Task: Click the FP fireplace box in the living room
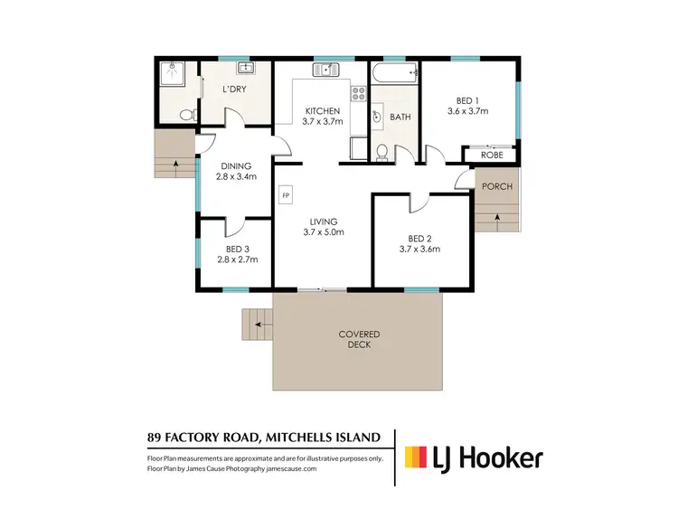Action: point(286,195)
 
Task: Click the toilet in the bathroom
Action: point(382,151)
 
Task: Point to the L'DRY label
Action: point(234,89)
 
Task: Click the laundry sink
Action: point(244,68)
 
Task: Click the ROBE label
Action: point(491,155)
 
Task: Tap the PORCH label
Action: point(496,186)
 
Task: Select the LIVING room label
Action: point(323,221)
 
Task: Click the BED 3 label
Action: point(238,247)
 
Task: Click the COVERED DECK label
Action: point(359,340)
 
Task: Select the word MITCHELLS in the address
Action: point(302,438)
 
